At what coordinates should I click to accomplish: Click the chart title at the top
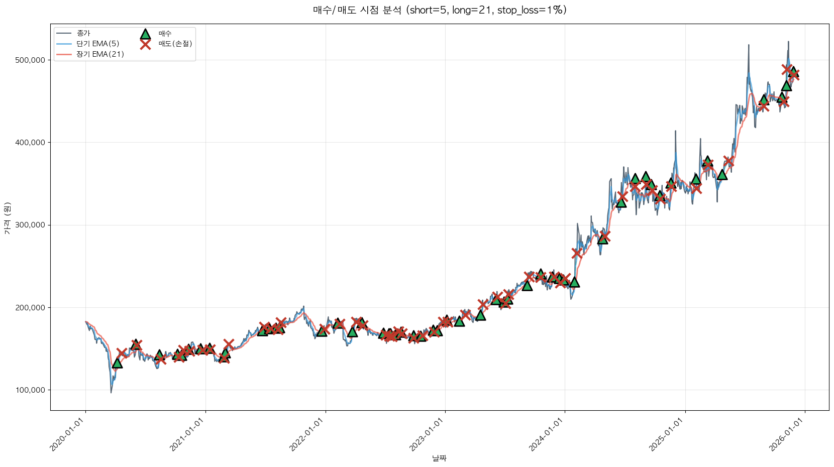(x=440, y=10)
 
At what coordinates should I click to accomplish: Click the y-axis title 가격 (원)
(x=7, y=218)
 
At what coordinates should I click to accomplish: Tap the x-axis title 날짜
(x=439, y=458)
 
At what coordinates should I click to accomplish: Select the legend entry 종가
(x=83, y=33)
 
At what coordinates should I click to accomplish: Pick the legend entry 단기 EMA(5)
(x=97, y=44)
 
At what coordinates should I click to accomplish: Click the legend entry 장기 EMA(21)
(x=100, y=54)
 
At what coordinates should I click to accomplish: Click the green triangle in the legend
(x=145, y=34)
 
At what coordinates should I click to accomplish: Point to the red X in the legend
(x=145, y=44)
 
